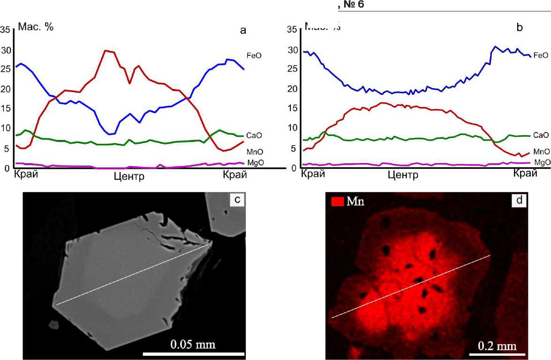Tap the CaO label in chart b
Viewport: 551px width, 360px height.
[541, 135]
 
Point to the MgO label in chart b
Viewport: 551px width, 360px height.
[542, 162]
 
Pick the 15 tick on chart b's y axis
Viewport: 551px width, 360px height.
[291, 108]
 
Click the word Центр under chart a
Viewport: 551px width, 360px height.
[129, 177]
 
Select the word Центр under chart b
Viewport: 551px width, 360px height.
[403, 175]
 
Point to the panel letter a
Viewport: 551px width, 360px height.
[243, 30]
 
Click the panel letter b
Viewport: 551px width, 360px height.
[519, 27]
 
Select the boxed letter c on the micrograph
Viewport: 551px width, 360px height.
[237, 200]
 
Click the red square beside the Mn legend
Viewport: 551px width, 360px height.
[338, 202]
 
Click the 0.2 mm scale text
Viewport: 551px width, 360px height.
[498, 346]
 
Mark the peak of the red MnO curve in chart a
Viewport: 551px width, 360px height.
[106, 50]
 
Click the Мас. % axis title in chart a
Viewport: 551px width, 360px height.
[36, 27]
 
